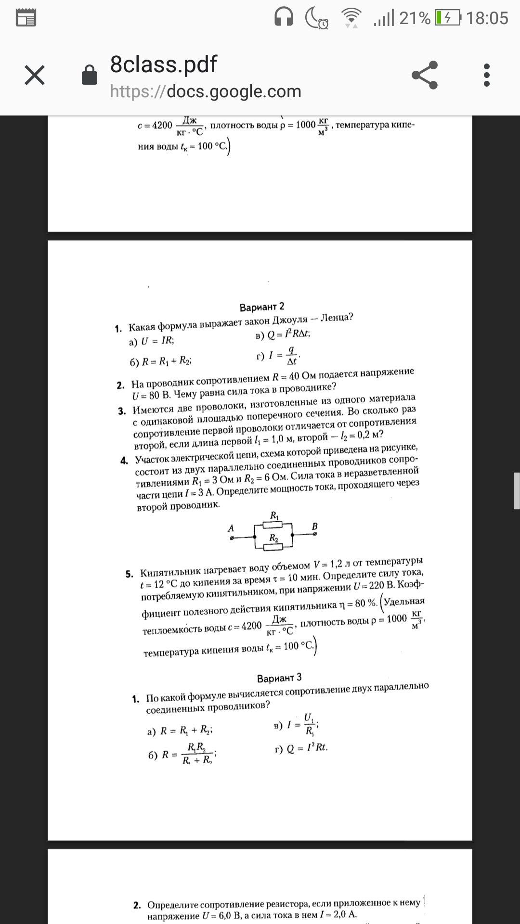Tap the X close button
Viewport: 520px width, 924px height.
point(35,76)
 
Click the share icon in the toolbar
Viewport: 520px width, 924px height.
point(425,75)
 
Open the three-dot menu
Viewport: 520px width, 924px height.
point(487,75)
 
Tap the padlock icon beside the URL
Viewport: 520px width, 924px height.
point(90,75)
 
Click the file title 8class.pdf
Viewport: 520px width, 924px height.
point(164,64)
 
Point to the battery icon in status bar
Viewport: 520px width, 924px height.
point(447,18)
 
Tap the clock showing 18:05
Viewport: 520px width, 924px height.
point(487,18)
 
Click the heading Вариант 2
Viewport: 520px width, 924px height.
point(262,307)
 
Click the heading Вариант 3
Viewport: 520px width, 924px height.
point(279,678)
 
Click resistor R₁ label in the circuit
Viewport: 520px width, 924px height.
point(274,515)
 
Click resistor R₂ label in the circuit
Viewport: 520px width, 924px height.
point(273,538)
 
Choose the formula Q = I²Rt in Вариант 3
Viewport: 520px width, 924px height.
point(307,748)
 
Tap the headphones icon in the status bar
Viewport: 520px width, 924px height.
point(284,18)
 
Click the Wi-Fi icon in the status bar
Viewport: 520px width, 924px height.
point(351,18)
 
